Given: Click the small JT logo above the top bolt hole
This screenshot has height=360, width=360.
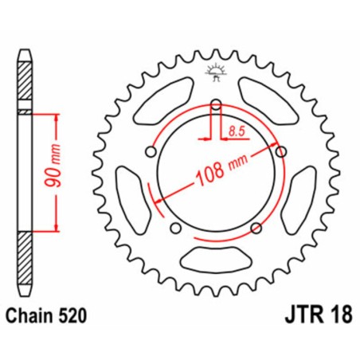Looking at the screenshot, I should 216,72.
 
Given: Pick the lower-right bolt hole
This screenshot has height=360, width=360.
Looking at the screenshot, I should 256,229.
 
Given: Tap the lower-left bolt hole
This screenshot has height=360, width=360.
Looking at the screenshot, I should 176,229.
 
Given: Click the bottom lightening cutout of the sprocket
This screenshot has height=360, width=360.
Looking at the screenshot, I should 216,258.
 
